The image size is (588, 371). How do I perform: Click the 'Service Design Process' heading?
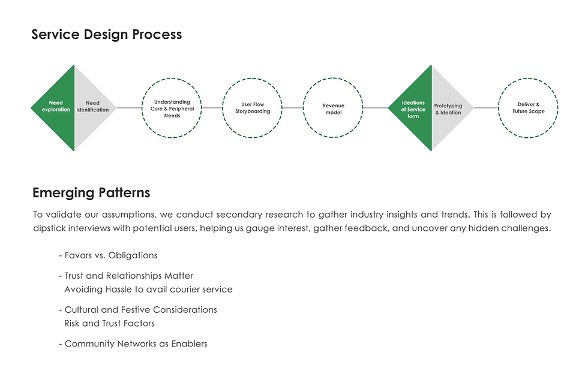pyautogui.click(x=106, y=34)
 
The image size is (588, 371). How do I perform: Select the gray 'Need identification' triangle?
pyautogui.click(x=92, y=107)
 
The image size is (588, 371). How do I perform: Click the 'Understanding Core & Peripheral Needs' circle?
pyautogui.click(x=172, y=108)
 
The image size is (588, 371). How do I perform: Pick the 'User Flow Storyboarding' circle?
pyautogui.click(x=252, y=108)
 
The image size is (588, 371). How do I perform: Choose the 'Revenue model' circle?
pyautogui.click(x=333, y=108)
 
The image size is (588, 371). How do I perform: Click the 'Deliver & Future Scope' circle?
pyautogui.click(x=528, y=108)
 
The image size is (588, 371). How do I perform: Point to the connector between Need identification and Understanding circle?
pyautogui.click(x=129, y=108)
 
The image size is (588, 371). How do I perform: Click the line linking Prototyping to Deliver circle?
pyautogui.click(x=486, y=108)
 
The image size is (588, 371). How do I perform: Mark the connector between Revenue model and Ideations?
pyautogui.click(x=376, y=108)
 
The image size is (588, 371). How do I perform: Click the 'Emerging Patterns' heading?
pyautogui.click(x=91, y=193)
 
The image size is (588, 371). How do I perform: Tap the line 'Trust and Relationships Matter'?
pyautogui.click(x=128, y=276)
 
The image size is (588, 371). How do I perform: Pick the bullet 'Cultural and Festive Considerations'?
pyautogui.click(x=140, y=310)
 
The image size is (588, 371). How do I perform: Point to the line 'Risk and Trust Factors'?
pyautogui.click(x=109, y=324)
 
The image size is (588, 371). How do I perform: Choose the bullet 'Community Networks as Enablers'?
pyautogui.click(x=136, y=344)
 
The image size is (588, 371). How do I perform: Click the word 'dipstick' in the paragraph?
pyautogui.click(x=51, y=228)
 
